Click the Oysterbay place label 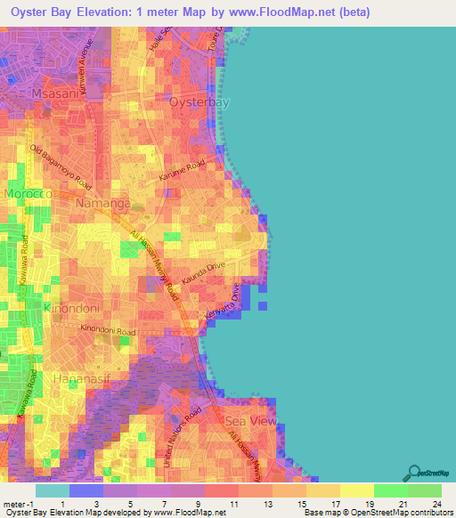[x=199, y=102]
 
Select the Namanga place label [x=105, y=204]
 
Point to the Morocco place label [x=29, y=193]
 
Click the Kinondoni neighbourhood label [x=71, y=308]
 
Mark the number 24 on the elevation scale [x=437, y=503]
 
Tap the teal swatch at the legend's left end [x=52, y=490]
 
